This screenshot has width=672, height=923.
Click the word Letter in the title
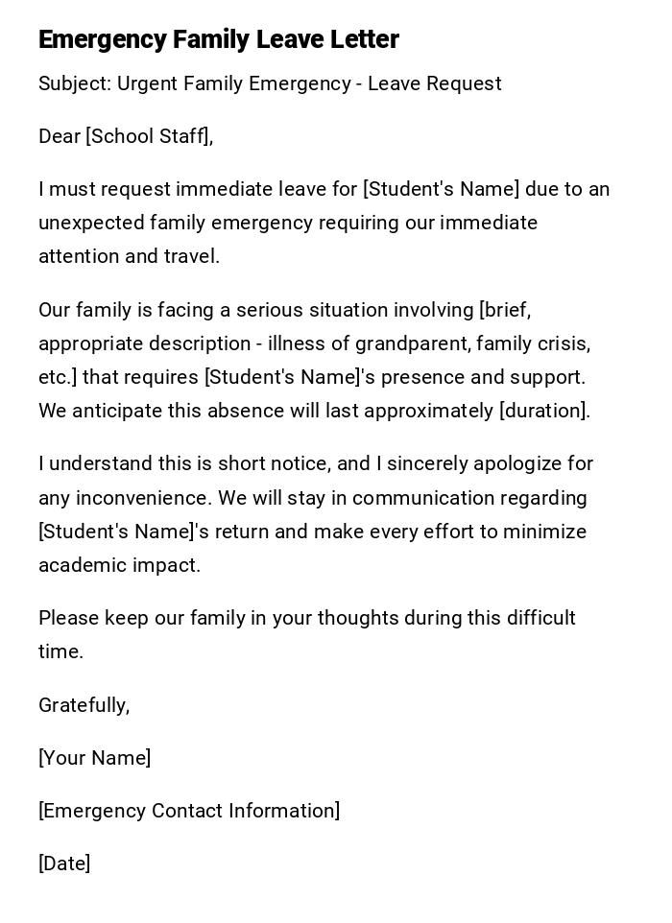pos(363,40)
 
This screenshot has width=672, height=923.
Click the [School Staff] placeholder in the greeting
pos(148,137)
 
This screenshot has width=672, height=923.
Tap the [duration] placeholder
pos(543,411)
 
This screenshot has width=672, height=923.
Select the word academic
pos(78,565)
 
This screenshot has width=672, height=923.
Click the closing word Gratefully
pos(83,705)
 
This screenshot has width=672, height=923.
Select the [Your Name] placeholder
pos(95,758)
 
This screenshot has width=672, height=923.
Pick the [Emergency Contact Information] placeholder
pos(189,811)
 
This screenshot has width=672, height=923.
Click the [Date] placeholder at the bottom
pos(64,864)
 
